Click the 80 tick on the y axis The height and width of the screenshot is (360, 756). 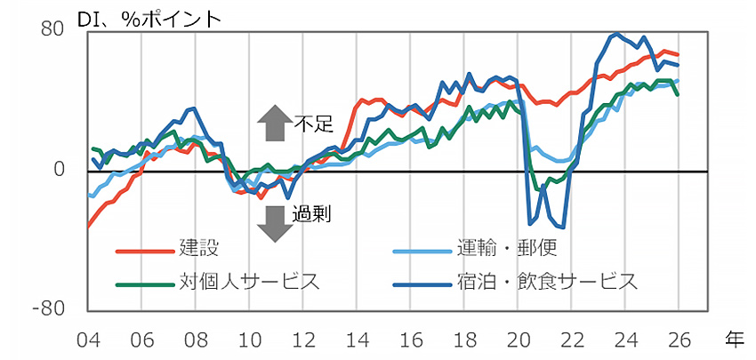(x=52, y=29)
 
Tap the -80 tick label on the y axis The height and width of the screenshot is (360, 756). (x=49, y=309)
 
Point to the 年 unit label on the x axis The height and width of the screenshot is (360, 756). (x=735, y=338)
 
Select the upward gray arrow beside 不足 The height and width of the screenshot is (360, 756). (x=273, y=124)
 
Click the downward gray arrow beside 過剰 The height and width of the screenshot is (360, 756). (x=273, y=221)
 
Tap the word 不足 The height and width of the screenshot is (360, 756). (x=312, y=124)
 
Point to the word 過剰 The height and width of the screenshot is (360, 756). (x=312, y=213)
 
